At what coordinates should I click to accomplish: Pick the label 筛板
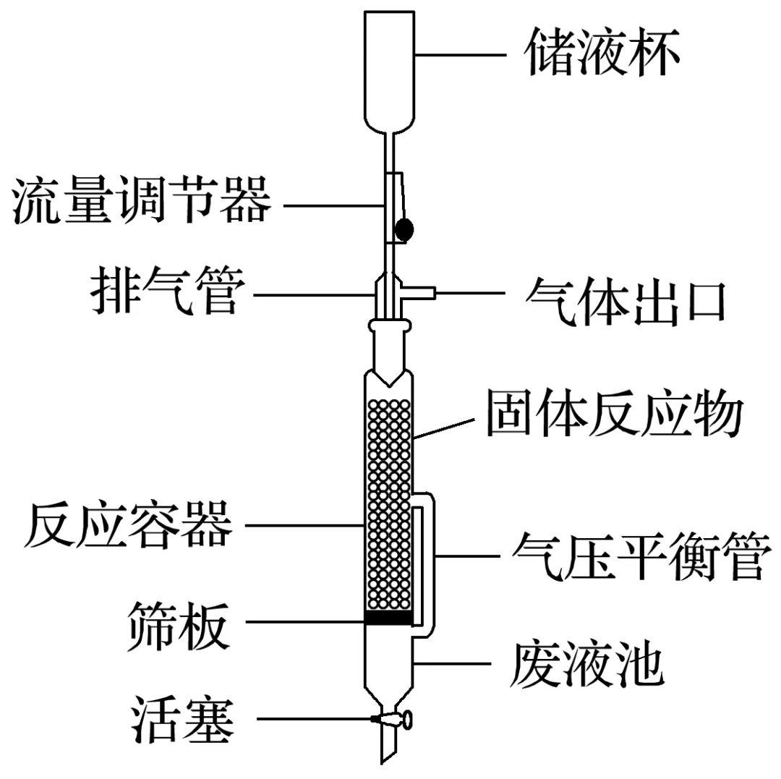(x=179, y=623)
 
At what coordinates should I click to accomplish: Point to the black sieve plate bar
(x=388, y=618)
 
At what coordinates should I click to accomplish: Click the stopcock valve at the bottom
(x=393, y=719)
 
